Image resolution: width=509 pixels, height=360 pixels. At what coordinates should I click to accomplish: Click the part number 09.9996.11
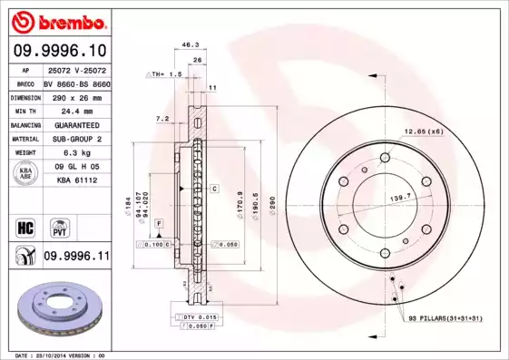pyautogui.click(x=75, y=258)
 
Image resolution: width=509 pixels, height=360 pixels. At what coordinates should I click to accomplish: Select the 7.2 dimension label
pyautogui.click(x=162, y=119)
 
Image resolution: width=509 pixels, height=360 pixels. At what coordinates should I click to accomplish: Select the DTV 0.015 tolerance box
pyautogui.click(x=196, y=316)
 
